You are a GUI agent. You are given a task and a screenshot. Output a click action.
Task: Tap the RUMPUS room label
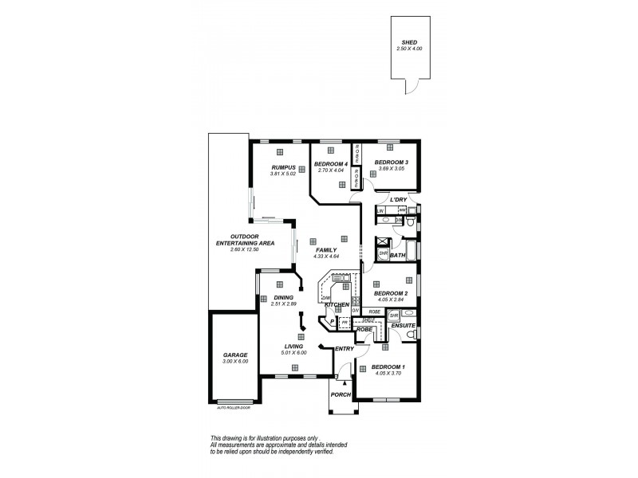[284, 167]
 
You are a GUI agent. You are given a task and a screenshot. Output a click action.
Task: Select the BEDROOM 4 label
[329, 163]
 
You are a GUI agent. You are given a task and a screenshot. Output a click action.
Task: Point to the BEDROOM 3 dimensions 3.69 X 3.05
[390, 170]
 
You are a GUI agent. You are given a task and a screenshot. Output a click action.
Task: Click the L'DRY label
[387, 199]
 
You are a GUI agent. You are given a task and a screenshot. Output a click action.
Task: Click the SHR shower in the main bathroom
[383, 254]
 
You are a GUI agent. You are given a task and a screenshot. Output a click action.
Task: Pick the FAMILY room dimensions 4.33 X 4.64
[326, 256]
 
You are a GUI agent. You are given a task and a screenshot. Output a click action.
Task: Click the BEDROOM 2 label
[391, 293]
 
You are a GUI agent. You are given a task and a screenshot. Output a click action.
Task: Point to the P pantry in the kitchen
[333, 323]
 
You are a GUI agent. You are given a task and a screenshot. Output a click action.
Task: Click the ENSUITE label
[402, 326]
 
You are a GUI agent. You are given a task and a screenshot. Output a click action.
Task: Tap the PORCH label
[341, 394]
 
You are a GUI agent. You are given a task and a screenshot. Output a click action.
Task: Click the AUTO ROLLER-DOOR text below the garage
[233, 409]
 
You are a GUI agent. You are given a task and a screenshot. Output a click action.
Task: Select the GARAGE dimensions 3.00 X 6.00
[234, 361]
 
